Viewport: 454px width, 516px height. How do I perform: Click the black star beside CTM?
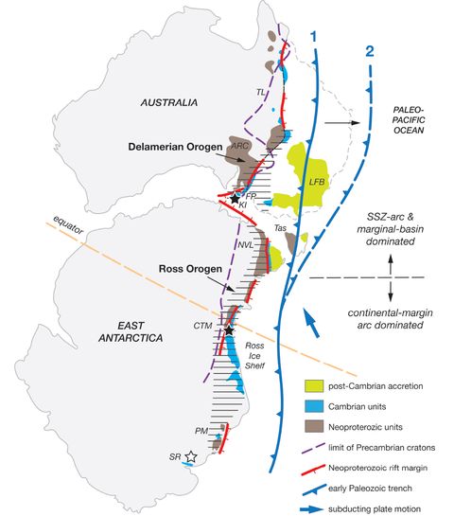(229, 330)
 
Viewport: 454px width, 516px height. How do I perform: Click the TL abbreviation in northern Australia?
(260, 91)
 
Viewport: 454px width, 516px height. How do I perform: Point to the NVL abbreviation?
(245, 244)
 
